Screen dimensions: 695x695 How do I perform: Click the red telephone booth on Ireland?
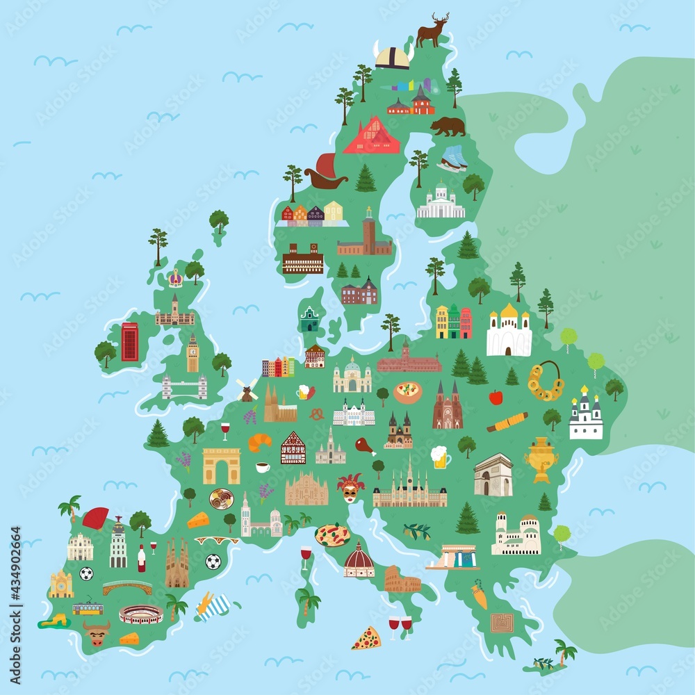tap(129, 342)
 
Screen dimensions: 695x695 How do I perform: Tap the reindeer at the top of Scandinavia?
tap(432, 31)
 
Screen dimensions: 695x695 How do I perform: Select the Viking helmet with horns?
tap(393, 56)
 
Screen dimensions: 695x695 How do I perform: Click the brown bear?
tap(448, 126)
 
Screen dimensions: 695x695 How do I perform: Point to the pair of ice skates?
tap(452, 158)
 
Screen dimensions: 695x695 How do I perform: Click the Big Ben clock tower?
tap(193, 354)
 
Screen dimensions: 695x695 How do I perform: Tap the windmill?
tap(246, 390)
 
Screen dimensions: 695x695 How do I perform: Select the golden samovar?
tap(541, 457)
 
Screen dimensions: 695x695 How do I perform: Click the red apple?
tap(496, 397)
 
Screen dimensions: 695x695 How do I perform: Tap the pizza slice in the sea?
tap(366, 638)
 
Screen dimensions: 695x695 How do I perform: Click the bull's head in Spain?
tap(96, 632)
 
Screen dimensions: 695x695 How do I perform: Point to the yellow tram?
tap(88, 609)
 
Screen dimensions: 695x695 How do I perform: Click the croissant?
tap(260, 441)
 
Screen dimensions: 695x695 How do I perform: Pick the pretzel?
tap(316, 414)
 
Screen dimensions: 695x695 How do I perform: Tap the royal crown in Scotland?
tap(175, 279)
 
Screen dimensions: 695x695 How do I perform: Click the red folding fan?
tap(95, 517)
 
